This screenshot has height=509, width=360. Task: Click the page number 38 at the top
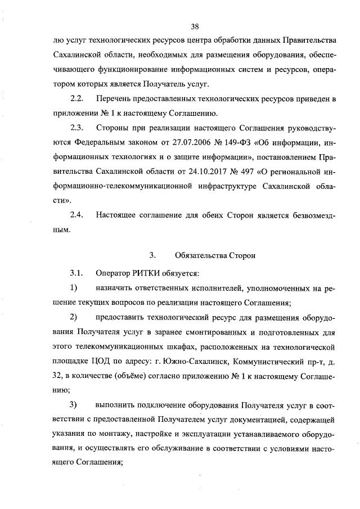click(195, 26)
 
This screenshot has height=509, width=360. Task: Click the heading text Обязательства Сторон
click(215, 255)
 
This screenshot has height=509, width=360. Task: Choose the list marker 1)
click(73, 288)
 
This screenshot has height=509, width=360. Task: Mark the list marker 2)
click(73, 317)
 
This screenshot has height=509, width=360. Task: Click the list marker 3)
click(73, 405)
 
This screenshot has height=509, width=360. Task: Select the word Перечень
click(117, 99)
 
